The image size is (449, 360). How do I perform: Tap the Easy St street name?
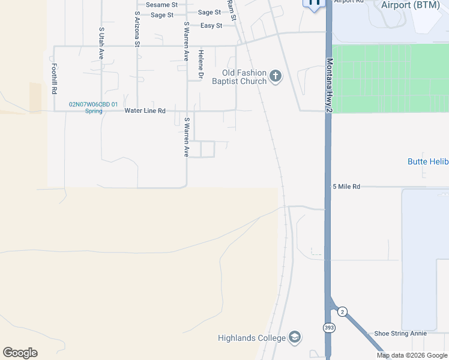(x=211, y=26)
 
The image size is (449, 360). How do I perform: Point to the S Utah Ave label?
(x=101, y=43)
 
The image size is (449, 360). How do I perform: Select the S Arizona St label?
(x=137, y=29)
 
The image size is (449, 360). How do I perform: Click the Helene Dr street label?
(x=201, y=65)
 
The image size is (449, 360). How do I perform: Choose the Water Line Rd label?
(x=145, y=111)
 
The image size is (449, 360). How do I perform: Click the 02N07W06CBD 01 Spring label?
(x=93, y=107)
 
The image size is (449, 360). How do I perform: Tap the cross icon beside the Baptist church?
(x=276, y=76)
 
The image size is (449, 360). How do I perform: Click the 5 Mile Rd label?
(x=346, y=187)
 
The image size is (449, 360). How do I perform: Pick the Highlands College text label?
(x=252, y=338)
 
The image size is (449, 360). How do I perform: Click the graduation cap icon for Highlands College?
(x=294, y=337)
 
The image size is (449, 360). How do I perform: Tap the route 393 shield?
(x=330, y=328)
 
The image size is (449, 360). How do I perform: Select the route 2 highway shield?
(x=342, y=311)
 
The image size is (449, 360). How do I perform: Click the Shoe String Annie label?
(x=400, y=334)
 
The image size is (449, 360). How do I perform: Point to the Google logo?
(x=20, y=353)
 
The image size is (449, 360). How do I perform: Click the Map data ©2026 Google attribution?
(x=412, y=355)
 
